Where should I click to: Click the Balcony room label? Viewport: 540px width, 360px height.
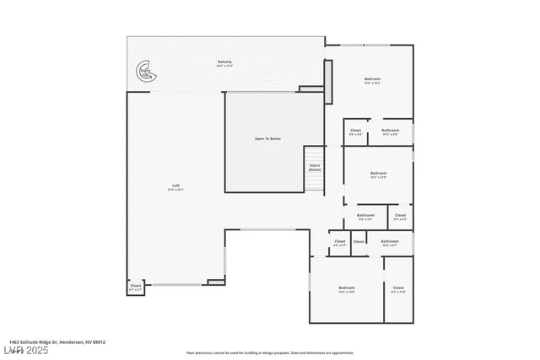coord(224,62)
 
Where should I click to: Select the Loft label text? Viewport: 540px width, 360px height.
coord(175,186)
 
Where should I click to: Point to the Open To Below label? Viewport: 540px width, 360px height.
coord(267,138)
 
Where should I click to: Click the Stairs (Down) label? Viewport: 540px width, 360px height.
coord(315,167)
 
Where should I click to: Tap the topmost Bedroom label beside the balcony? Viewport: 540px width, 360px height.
coord(373,80)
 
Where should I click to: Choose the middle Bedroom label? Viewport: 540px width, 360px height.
coord(378,175)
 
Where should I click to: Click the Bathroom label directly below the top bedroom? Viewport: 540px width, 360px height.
coord(390,132)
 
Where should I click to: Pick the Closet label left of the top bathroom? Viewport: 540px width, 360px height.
coord(355,132)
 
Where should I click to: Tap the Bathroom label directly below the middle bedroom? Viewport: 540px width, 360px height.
coord(365,217)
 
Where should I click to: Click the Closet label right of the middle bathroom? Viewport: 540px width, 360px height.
coord(400,217)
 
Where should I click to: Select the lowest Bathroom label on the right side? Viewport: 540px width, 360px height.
coord(389,243)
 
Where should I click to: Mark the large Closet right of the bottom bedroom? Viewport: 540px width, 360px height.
coord(398,289)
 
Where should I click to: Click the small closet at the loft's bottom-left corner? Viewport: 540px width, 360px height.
coord(136,287)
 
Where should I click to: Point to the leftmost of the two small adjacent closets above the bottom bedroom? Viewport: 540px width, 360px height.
coord(339,243)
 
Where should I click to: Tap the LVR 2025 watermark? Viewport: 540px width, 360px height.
coord(25,350)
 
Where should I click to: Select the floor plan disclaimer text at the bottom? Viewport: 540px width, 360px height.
coord(269,352)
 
